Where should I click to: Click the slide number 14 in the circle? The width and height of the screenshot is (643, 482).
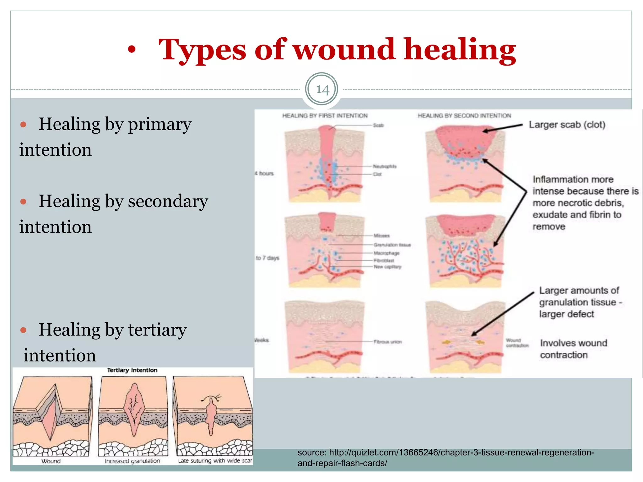click(x=322, y=90)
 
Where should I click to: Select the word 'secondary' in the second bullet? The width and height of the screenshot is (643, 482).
click(x=168, y=201)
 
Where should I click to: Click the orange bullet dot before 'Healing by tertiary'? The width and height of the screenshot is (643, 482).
click(x=23, y=330)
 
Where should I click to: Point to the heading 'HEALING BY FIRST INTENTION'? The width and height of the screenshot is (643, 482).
click(x=325, y=116)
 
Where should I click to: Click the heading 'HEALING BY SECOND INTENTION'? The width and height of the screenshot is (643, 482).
click(x=464, y=116)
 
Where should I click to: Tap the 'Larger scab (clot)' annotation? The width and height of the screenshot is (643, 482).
click(x=567, y=125)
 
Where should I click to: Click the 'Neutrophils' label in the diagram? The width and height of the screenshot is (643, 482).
click(x=385, y=166)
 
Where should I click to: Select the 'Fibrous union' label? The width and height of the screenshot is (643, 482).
click(x=388, y=342)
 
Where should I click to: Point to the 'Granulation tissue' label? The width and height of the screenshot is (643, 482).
click(x=392, y=245)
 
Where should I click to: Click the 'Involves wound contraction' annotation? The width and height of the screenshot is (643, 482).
click(x=573, y=349)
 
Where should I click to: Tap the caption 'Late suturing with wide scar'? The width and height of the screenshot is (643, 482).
click(x=215, y=461)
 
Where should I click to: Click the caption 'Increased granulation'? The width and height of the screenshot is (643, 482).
click(x=132, y=461)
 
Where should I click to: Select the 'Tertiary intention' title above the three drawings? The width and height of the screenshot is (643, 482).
click(x=132, y=370)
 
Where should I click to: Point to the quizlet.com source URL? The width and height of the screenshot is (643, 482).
click(x=446, y=458)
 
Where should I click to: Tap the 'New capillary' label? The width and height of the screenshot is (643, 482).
click(x=387, y=267)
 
